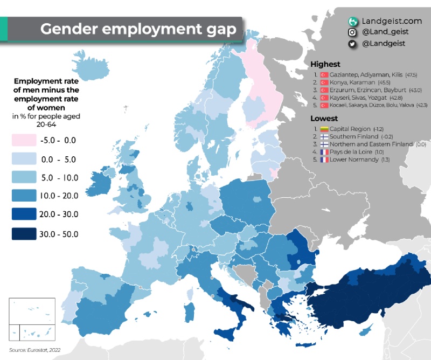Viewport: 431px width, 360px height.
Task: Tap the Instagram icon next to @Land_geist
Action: click(353, 32)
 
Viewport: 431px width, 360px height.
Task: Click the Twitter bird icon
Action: click(353, 44)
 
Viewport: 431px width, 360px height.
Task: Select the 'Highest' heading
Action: click(325, 65)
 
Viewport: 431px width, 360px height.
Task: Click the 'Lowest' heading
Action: click(324, 118)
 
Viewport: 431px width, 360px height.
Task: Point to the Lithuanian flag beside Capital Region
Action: click(324, 129)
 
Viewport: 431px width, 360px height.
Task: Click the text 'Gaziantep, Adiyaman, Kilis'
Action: click(359, 74)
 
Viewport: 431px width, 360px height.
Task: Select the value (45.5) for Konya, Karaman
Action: click(387, 83)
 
